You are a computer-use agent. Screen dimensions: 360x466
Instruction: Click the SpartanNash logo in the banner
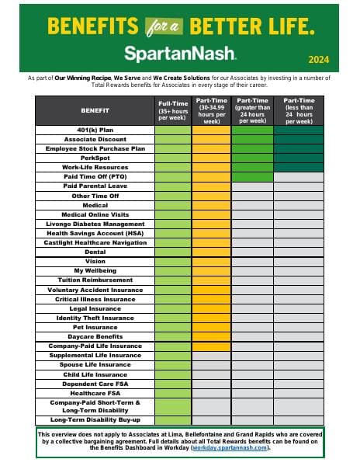point(180,53)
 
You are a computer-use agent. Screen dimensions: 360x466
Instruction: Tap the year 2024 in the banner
point(318,60)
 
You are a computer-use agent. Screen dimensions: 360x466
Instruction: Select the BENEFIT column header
point(106,110)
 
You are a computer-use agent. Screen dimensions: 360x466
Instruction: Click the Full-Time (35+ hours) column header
point(172,110)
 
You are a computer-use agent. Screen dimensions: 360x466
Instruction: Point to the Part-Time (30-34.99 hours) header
point(211,110)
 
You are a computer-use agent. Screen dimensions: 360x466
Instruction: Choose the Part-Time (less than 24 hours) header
point(299,110)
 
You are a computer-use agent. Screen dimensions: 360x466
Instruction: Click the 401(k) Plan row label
point(106,129)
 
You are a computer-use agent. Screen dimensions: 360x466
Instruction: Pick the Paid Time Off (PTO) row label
point(106,176)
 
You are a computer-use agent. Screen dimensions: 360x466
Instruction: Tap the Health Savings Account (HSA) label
point(106,233)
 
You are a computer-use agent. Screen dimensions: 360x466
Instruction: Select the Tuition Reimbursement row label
point(106,280)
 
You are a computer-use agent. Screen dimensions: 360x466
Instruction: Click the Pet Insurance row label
point(106,327)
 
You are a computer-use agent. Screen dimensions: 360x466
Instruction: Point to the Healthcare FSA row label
point(106,393)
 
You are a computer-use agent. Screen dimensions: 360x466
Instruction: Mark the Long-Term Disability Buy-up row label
point(106,420)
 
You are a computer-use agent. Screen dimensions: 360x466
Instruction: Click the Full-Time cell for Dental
point(172,252)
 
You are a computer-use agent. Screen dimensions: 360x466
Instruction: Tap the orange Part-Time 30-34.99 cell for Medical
point(211,205)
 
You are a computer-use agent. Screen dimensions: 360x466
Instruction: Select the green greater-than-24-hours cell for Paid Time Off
point(252,176)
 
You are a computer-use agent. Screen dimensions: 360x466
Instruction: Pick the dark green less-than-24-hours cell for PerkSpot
point(299,158)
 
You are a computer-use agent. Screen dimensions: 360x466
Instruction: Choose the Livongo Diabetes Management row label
point(106,224)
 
